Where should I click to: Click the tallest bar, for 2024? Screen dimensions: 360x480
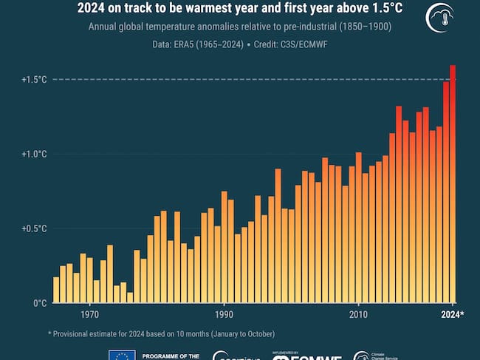[453, 185]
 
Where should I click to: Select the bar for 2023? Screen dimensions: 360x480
[446, 192]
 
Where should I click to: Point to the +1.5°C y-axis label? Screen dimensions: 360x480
[35, 79]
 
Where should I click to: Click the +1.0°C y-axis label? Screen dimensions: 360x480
[35, 154]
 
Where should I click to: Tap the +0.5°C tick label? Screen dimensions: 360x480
[35, 228]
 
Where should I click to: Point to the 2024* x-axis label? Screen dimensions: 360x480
[453, 315]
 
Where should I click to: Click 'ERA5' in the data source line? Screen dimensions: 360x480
[193, 45]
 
